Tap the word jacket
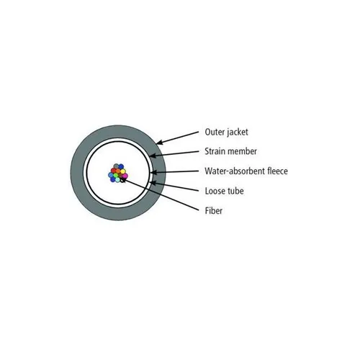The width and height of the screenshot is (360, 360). point(237,132)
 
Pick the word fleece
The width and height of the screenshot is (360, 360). point(277,171)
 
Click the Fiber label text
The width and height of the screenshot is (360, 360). point(214,210)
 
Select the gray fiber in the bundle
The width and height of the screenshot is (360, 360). point(116,166)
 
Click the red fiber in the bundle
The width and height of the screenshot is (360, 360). point(113,171)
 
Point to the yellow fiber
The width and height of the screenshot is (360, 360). point(123,171)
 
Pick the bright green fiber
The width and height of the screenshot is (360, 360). point(116,175)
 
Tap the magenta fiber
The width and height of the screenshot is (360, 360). point(125,176)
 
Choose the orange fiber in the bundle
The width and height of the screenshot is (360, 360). point(118,171)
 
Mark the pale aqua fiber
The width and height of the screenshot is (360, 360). point(117,180)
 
